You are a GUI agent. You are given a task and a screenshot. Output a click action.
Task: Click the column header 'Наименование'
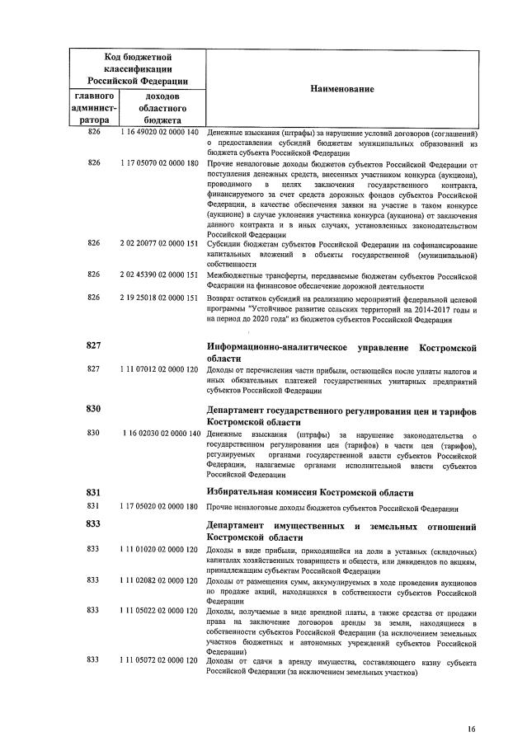tap(342, 88)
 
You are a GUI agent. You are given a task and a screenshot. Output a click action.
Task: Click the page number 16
tap(471, 729)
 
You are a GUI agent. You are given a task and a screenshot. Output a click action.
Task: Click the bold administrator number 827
tap(93, 345)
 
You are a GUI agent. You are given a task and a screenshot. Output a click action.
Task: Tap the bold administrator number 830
tap(93, 408)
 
